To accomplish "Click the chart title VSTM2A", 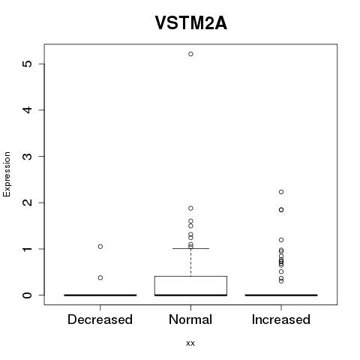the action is pyautogui.click(x=191, y=23).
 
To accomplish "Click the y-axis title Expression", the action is pyautogui.click(x=7, y=174).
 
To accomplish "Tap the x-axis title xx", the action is pyautogui.click(x=190, y=343).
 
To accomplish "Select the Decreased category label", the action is pyautogui.click(x=100, y=319).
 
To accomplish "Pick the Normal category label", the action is pyautogui.click(x=190, y=319).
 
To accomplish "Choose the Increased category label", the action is pyautogui.click(x=281, y=319).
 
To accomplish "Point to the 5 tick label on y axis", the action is pyautogui.click(x=28, y=64).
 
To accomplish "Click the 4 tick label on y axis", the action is pyautogui.click(x=28, y=109).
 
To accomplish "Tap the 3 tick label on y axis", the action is pyautogui.click(x=28, y=156).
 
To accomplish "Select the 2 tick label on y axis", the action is pyautogui.click(x=28, y=202).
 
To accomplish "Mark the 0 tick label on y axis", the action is pyautogui.click(x=28, y=295).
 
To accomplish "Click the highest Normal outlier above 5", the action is pyautogui.click(x=190, y=54).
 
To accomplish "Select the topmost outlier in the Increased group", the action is pyautogui.click(x=281, y=192).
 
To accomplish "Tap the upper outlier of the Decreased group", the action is pyautogui.click(x=100, y=247).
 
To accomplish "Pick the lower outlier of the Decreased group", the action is pyautogui.click(x=100, y=277).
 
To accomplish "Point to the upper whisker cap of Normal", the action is pyautogui.click(x=190, y=248).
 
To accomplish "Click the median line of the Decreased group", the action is pyautogui.click(x=100, y=295).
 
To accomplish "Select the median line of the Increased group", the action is pyautogui.click(x=281, y=295).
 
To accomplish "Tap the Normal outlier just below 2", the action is pyautogui.click(x=190, y=208).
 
